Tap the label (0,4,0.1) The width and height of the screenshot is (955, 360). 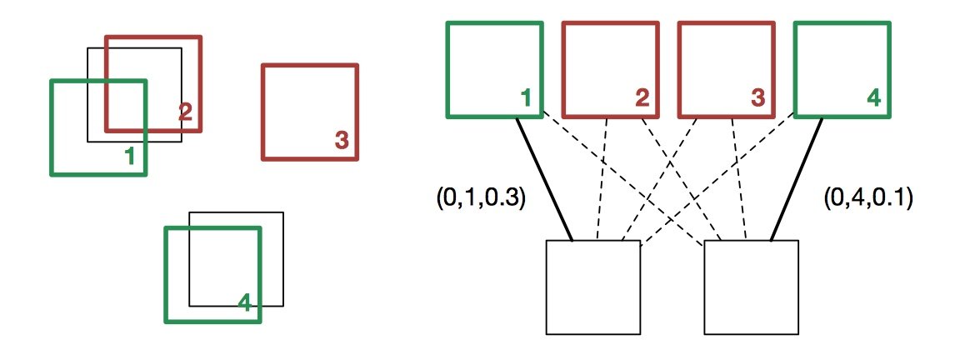(867, 198)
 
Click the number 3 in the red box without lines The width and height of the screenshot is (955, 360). (341, 141)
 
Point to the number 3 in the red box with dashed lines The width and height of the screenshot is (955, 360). (757, 98)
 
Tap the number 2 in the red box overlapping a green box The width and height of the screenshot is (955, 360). (185, 112)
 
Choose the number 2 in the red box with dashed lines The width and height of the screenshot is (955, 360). (642, 98)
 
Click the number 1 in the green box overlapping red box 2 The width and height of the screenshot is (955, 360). (129, 155)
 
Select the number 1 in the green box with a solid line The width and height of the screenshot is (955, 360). (525, 98)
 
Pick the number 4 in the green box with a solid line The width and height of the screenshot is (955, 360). (872, 98)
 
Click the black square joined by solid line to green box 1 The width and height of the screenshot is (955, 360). (592, 287)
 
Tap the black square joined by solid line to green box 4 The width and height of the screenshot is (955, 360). (751, 287)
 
